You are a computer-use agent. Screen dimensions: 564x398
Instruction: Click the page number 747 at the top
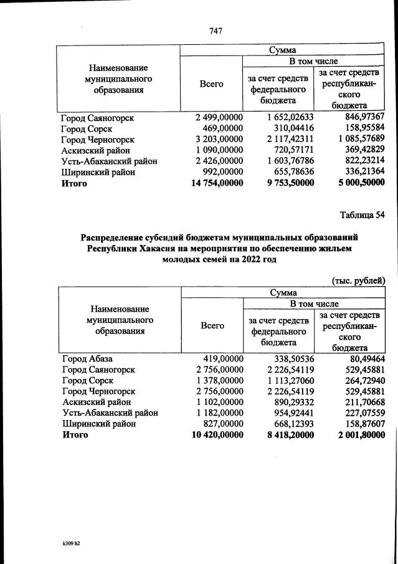(x=216, y=31)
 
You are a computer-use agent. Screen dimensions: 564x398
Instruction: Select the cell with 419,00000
(x=223, y=358)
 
